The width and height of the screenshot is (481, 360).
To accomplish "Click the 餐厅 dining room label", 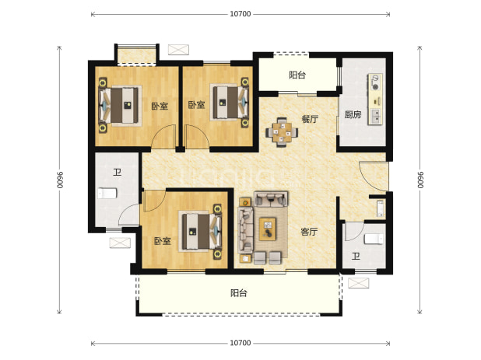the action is (x=310, y=119).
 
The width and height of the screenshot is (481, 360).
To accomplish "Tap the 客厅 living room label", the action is (x=309, y=232).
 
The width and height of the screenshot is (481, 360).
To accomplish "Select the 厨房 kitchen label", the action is (x=353, y=114).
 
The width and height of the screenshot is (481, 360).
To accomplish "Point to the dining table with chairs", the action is (x=282, y=132).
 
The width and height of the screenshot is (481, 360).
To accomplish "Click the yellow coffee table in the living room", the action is (x=268, y=229).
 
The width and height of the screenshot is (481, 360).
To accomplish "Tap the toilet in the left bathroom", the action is (x=107, y=194).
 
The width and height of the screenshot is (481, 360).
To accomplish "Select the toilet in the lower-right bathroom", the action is (x=374, y=239).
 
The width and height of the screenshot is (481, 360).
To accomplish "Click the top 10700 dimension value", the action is (x=240, y=14).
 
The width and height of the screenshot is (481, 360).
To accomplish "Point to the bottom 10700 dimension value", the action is (x=240, y=343).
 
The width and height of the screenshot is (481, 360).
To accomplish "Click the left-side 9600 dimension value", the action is (x=59, y=180).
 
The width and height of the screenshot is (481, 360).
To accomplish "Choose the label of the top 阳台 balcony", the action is (x=297, y=75).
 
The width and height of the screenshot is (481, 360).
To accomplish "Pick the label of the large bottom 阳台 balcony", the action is (x=239, y=293).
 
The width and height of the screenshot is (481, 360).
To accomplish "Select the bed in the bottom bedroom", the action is (x=200, y=232).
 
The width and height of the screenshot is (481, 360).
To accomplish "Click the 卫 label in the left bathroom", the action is (x=117, y=172).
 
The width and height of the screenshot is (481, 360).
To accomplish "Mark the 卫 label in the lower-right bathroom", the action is (x=356, y=256).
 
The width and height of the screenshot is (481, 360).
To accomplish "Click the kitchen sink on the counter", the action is (x=375, y=117).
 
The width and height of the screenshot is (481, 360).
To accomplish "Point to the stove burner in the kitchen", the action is (x=375, y=82).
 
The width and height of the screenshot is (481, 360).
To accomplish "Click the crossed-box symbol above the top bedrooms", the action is (x=178, y=50).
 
